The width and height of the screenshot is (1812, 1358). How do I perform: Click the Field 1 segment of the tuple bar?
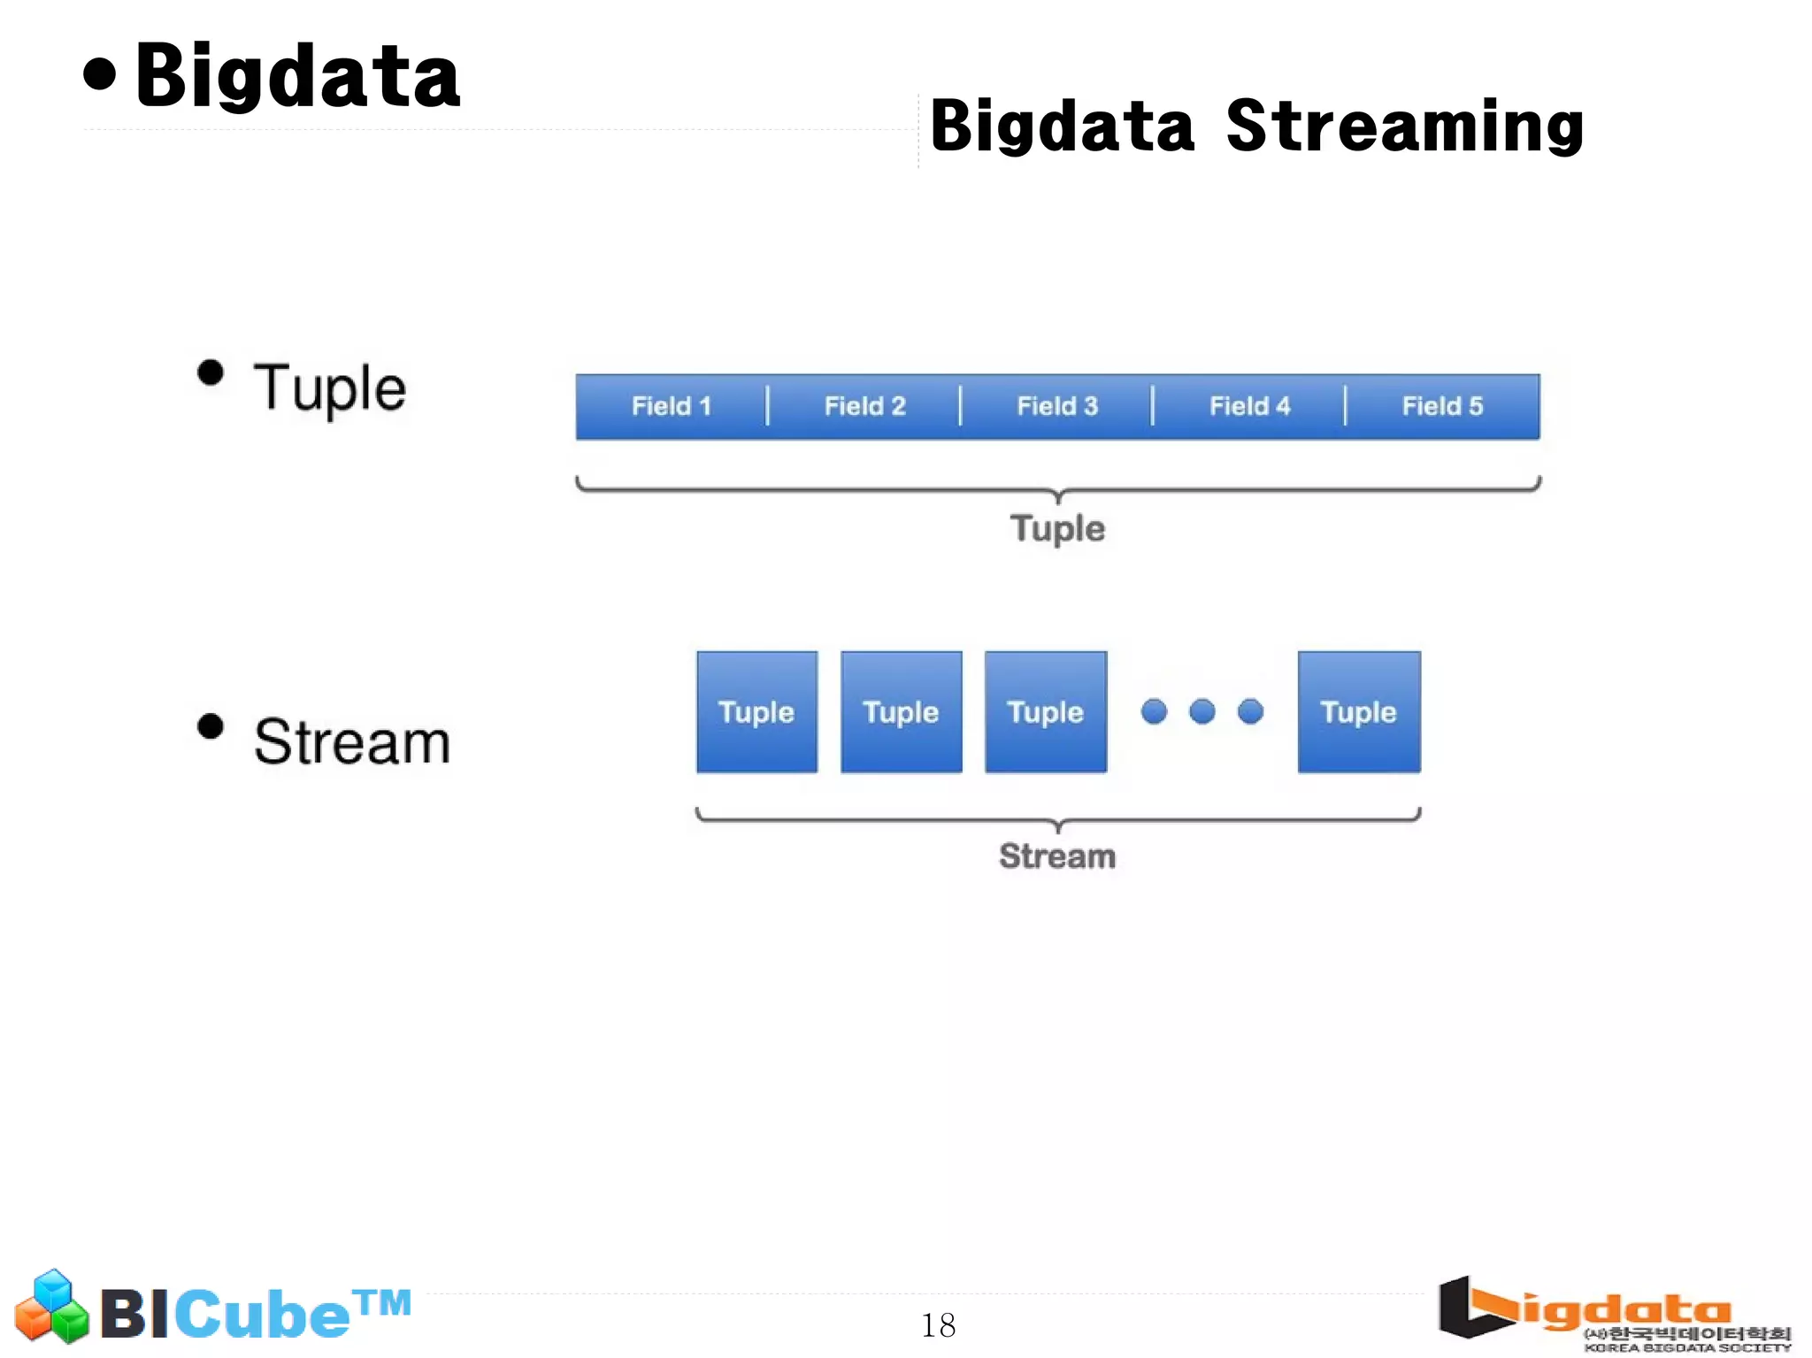click(x=671, y=406)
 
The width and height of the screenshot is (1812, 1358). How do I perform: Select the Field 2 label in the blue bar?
click(x=864, y=406)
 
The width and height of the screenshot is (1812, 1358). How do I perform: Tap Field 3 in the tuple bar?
click(x=1057, y=406)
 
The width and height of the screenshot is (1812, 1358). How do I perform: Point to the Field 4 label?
click(x=1249, y=406)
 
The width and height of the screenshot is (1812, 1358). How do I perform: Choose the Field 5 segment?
click(x=1442, y=406)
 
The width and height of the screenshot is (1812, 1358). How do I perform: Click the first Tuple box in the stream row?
click(x=756, y=712)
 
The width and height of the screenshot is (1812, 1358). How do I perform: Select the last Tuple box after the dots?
click(x=1359, y=712)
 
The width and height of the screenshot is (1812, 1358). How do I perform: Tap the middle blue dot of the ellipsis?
click(x=1202, y=711)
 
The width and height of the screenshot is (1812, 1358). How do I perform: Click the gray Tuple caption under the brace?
click(x=1057, y=529)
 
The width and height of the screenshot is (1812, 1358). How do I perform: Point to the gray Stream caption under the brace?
click(x=1057, y=856)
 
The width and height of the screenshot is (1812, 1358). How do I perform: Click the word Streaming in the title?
click(x=1405, y=127)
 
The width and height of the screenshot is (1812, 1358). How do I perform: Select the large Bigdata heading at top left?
click(x=297, y=77)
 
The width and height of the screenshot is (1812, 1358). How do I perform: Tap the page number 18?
click(x=938, y=1324)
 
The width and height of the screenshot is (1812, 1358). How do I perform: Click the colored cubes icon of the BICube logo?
click(x=52, y=1307)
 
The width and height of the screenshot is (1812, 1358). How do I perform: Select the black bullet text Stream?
click(x=351, y=741)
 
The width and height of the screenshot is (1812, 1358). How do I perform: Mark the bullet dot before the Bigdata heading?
click(x=100, y=74)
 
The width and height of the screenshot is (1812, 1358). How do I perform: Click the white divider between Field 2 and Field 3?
click(x=960, y=406)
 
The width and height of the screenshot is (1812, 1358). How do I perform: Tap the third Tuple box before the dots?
click(x=1046, y=712)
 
